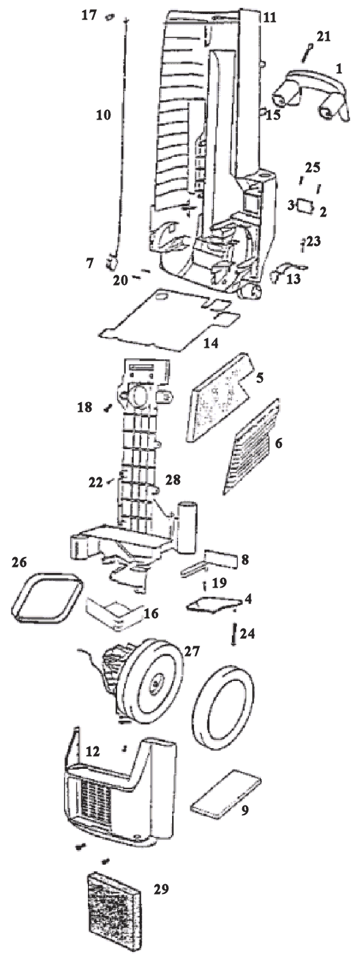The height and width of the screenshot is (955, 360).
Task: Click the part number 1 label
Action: [339, 68]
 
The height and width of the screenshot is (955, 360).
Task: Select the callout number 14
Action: [211, 343]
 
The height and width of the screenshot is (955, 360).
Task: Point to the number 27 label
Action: [192, 652]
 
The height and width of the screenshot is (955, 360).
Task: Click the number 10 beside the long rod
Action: [103, 115]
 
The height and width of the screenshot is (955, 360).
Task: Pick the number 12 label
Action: [92, 751]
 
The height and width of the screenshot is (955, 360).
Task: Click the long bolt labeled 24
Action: [234, 634]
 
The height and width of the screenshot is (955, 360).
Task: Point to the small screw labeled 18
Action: [107, 408]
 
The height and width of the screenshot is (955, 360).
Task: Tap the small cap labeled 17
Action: [110, 16]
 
